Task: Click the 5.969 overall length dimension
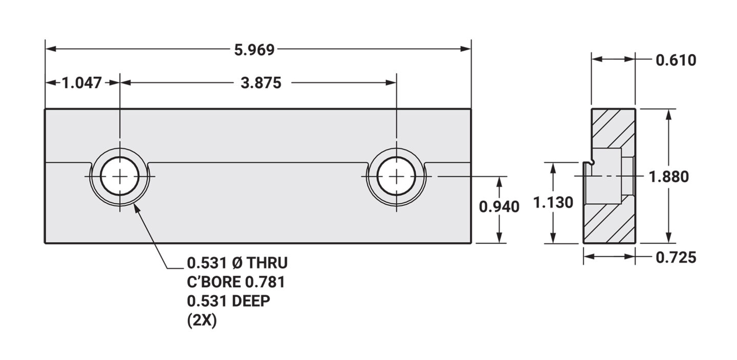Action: click(x=254, y=50)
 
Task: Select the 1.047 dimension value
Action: click(x=81, y=82)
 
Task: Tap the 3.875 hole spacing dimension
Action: click(x=261, y=83)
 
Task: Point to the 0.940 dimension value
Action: click(x=499, y=207)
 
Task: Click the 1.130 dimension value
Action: click(x=553, y=202)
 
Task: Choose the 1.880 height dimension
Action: click(x=668, y=177)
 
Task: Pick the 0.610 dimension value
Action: click(x=676, y=60)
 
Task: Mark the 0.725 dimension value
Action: click(x=676, y=258)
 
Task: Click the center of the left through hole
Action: click(x=120, y=177)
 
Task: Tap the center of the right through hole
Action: click(x=397, y=177)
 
